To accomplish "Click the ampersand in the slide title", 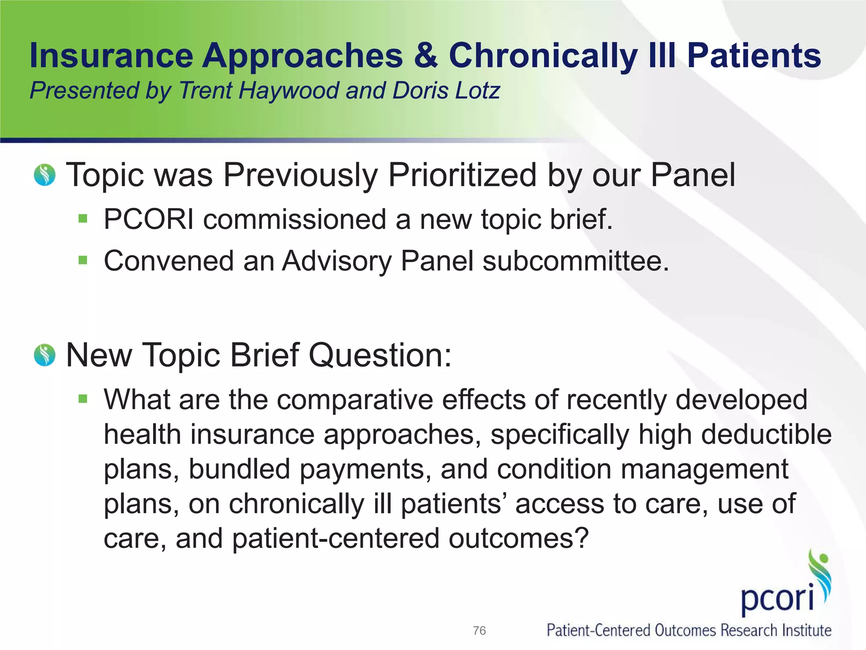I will (x=426, y=56).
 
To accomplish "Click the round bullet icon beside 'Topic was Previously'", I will (x=45, y=175).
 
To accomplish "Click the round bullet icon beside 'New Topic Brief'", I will (x=45, y=355).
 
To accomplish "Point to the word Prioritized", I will (x=462, y=175).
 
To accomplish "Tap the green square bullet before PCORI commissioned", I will (x=83, y=219).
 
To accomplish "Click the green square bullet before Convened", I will (x=83, y=260).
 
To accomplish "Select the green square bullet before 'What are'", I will (x=83, y=398).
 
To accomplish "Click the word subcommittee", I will (x=575, y=261).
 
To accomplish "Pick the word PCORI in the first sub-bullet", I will (x=149, y=219).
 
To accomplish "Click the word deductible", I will (x=766, y=435).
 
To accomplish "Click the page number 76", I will (x=479, y=631).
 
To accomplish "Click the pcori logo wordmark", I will (x=777, y=598).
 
